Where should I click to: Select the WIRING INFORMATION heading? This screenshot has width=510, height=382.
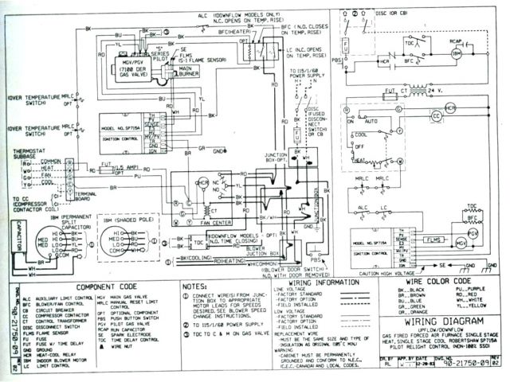313,282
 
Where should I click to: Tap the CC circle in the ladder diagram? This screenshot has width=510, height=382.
436,116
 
